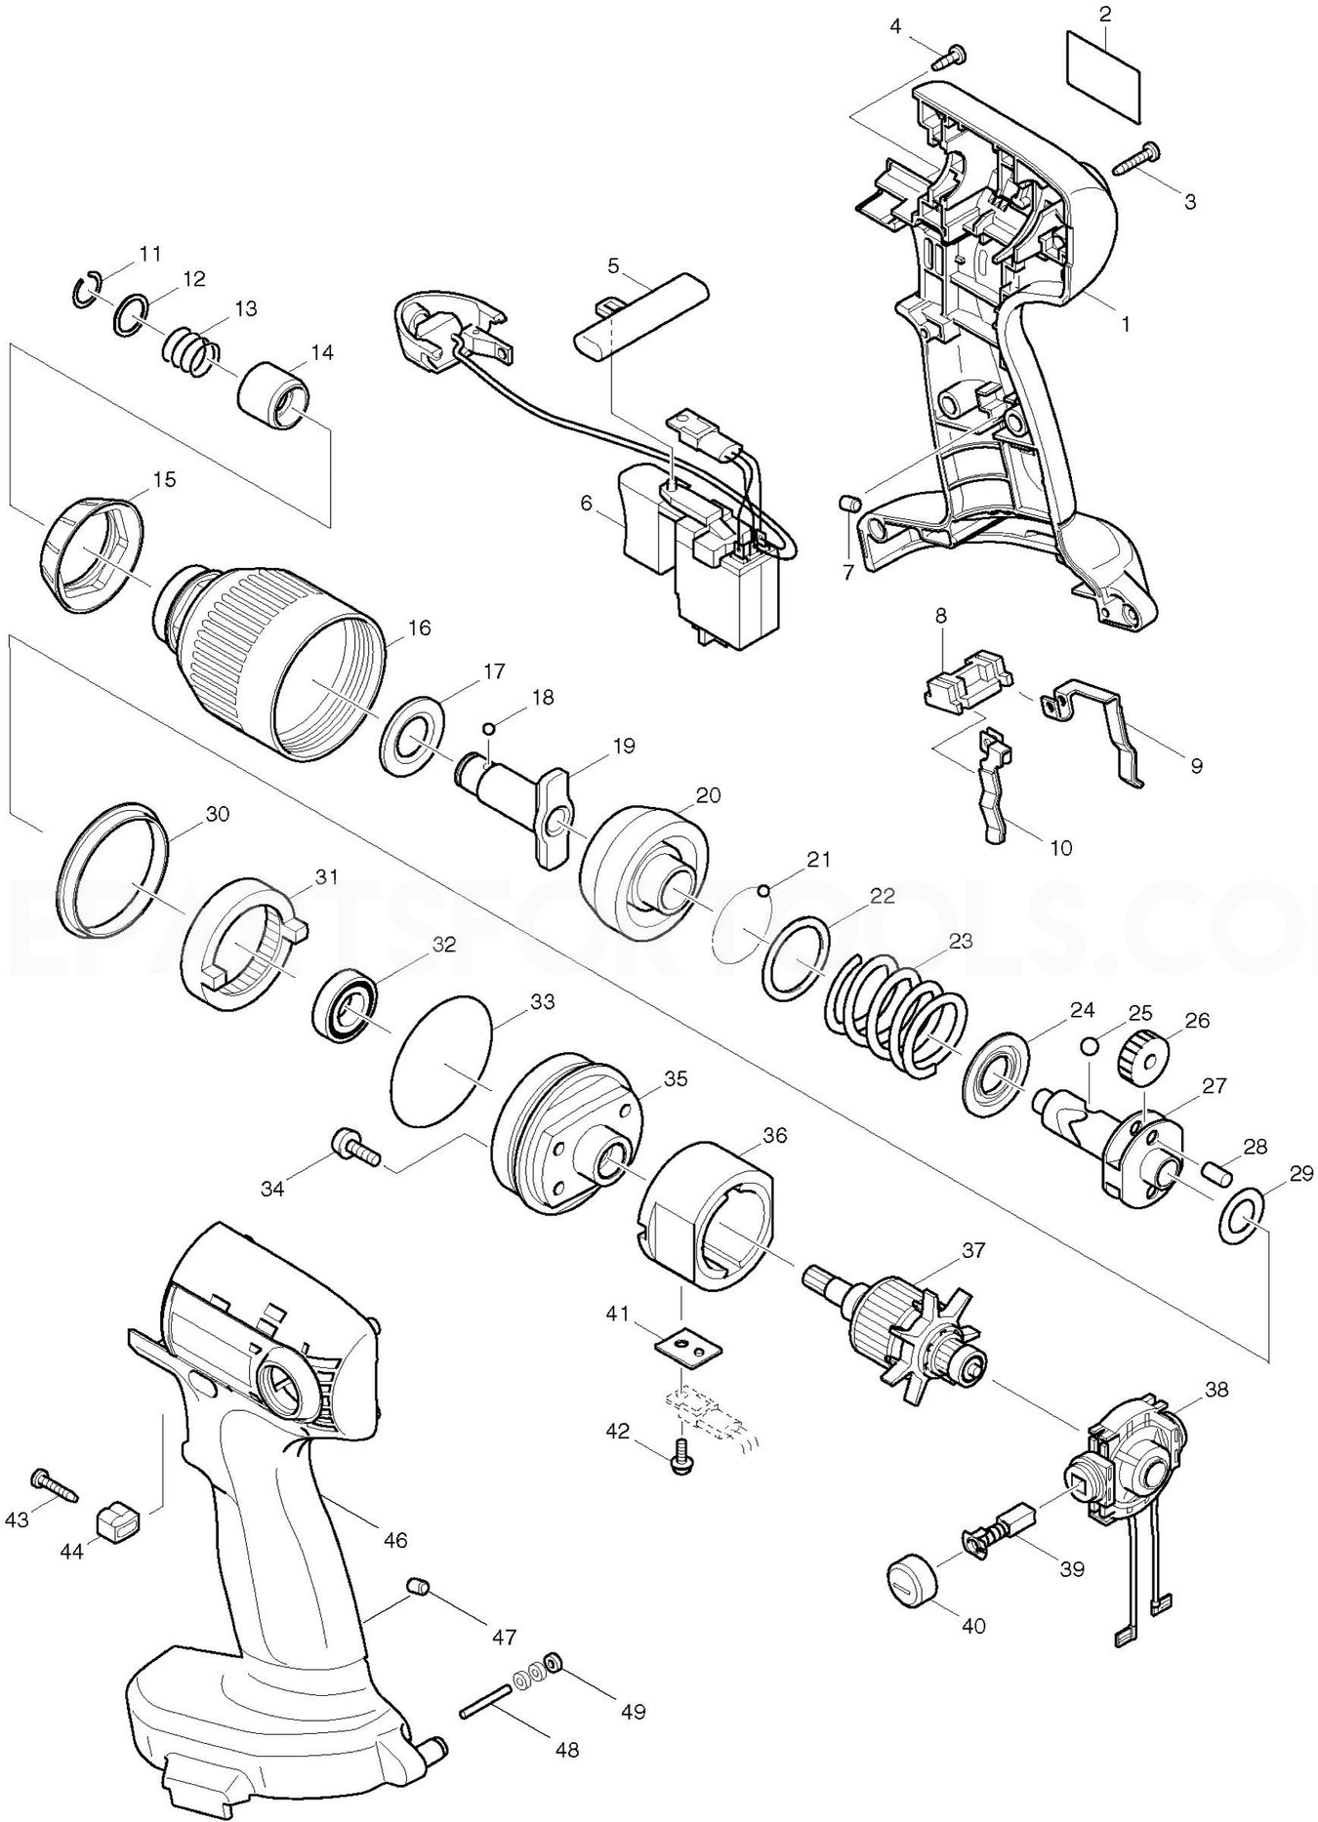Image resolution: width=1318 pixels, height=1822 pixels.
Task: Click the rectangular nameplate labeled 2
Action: [x=1104, y=74]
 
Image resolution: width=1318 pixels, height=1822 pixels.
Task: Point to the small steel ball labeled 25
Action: [x=1090, y=1046]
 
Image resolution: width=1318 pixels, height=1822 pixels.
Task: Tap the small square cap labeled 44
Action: [x=118, y=1518]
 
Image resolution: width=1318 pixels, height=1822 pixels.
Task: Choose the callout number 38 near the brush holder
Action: [x=1216, y=1388]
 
